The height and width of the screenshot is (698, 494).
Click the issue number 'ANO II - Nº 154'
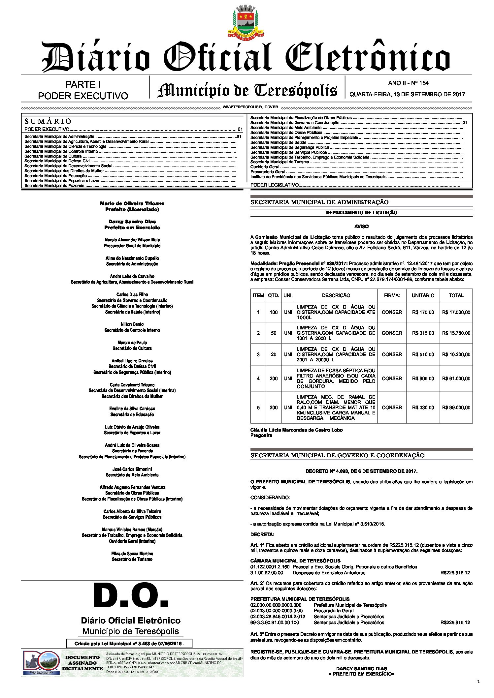click(408, 83)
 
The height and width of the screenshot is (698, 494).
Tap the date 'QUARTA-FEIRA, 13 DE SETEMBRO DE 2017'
click(407, 94)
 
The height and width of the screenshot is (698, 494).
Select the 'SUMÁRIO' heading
click(48, 121)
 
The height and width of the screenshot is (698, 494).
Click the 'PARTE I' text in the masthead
click(83, 85)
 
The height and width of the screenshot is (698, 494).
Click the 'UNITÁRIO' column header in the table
click(423, 295)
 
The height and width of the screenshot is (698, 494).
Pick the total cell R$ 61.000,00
click(456, 379)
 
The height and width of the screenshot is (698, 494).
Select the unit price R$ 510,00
click(423, 354)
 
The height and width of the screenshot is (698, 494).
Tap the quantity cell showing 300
click(274, 408)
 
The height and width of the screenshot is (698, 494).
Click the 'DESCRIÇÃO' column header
click(336, 295)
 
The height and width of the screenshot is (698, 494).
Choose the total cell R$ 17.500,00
click(456, 312)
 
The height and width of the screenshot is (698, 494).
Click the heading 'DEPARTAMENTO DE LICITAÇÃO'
click(361, 213)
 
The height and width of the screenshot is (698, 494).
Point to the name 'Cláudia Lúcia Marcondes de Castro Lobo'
click(296, 430)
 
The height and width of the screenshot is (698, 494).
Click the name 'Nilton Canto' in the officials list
click(132, 324)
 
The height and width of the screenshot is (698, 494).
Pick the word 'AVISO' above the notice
click(361, 227)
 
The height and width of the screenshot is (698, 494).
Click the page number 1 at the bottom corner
click(478, 681)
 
